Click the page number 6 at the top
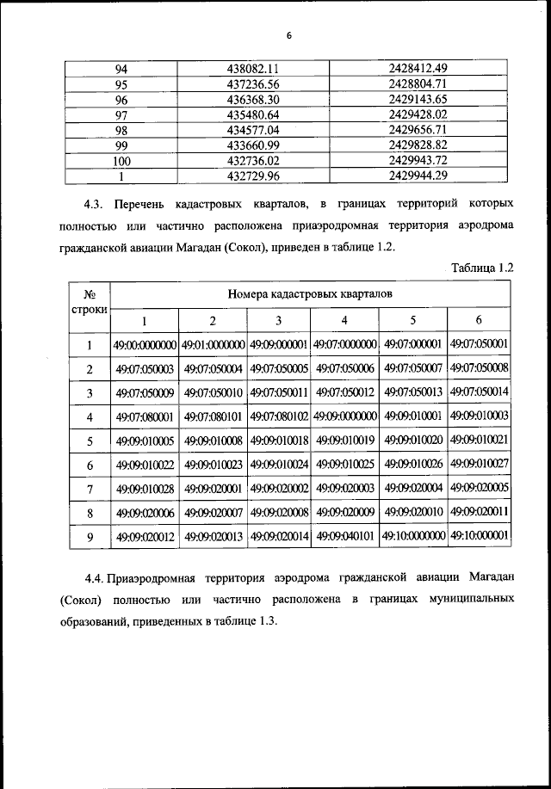(x=289, y=35)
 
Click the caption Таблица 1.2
(x=482, y=268)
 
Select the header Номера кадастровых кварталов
(x=310, y=293)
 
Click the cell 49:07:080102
(x=278, y=416)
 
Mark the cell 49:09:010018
(x=278, y=441)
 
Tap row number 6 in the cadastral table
(x=89, y=465)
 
